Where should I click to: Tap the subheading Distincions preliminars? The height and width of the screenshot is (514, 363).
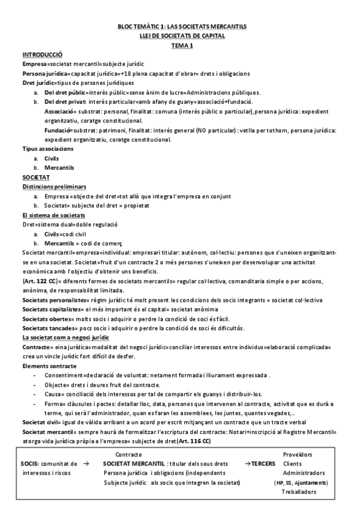pos(54,187)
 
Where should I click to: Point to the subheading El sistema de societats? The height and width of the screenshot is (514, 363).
pos(53,215)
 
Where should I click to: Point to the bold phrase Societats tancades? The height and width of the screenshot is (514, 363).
pos(50,328)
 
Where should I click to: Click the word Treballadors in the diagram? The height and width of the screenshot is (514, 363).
pos(299,492)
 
